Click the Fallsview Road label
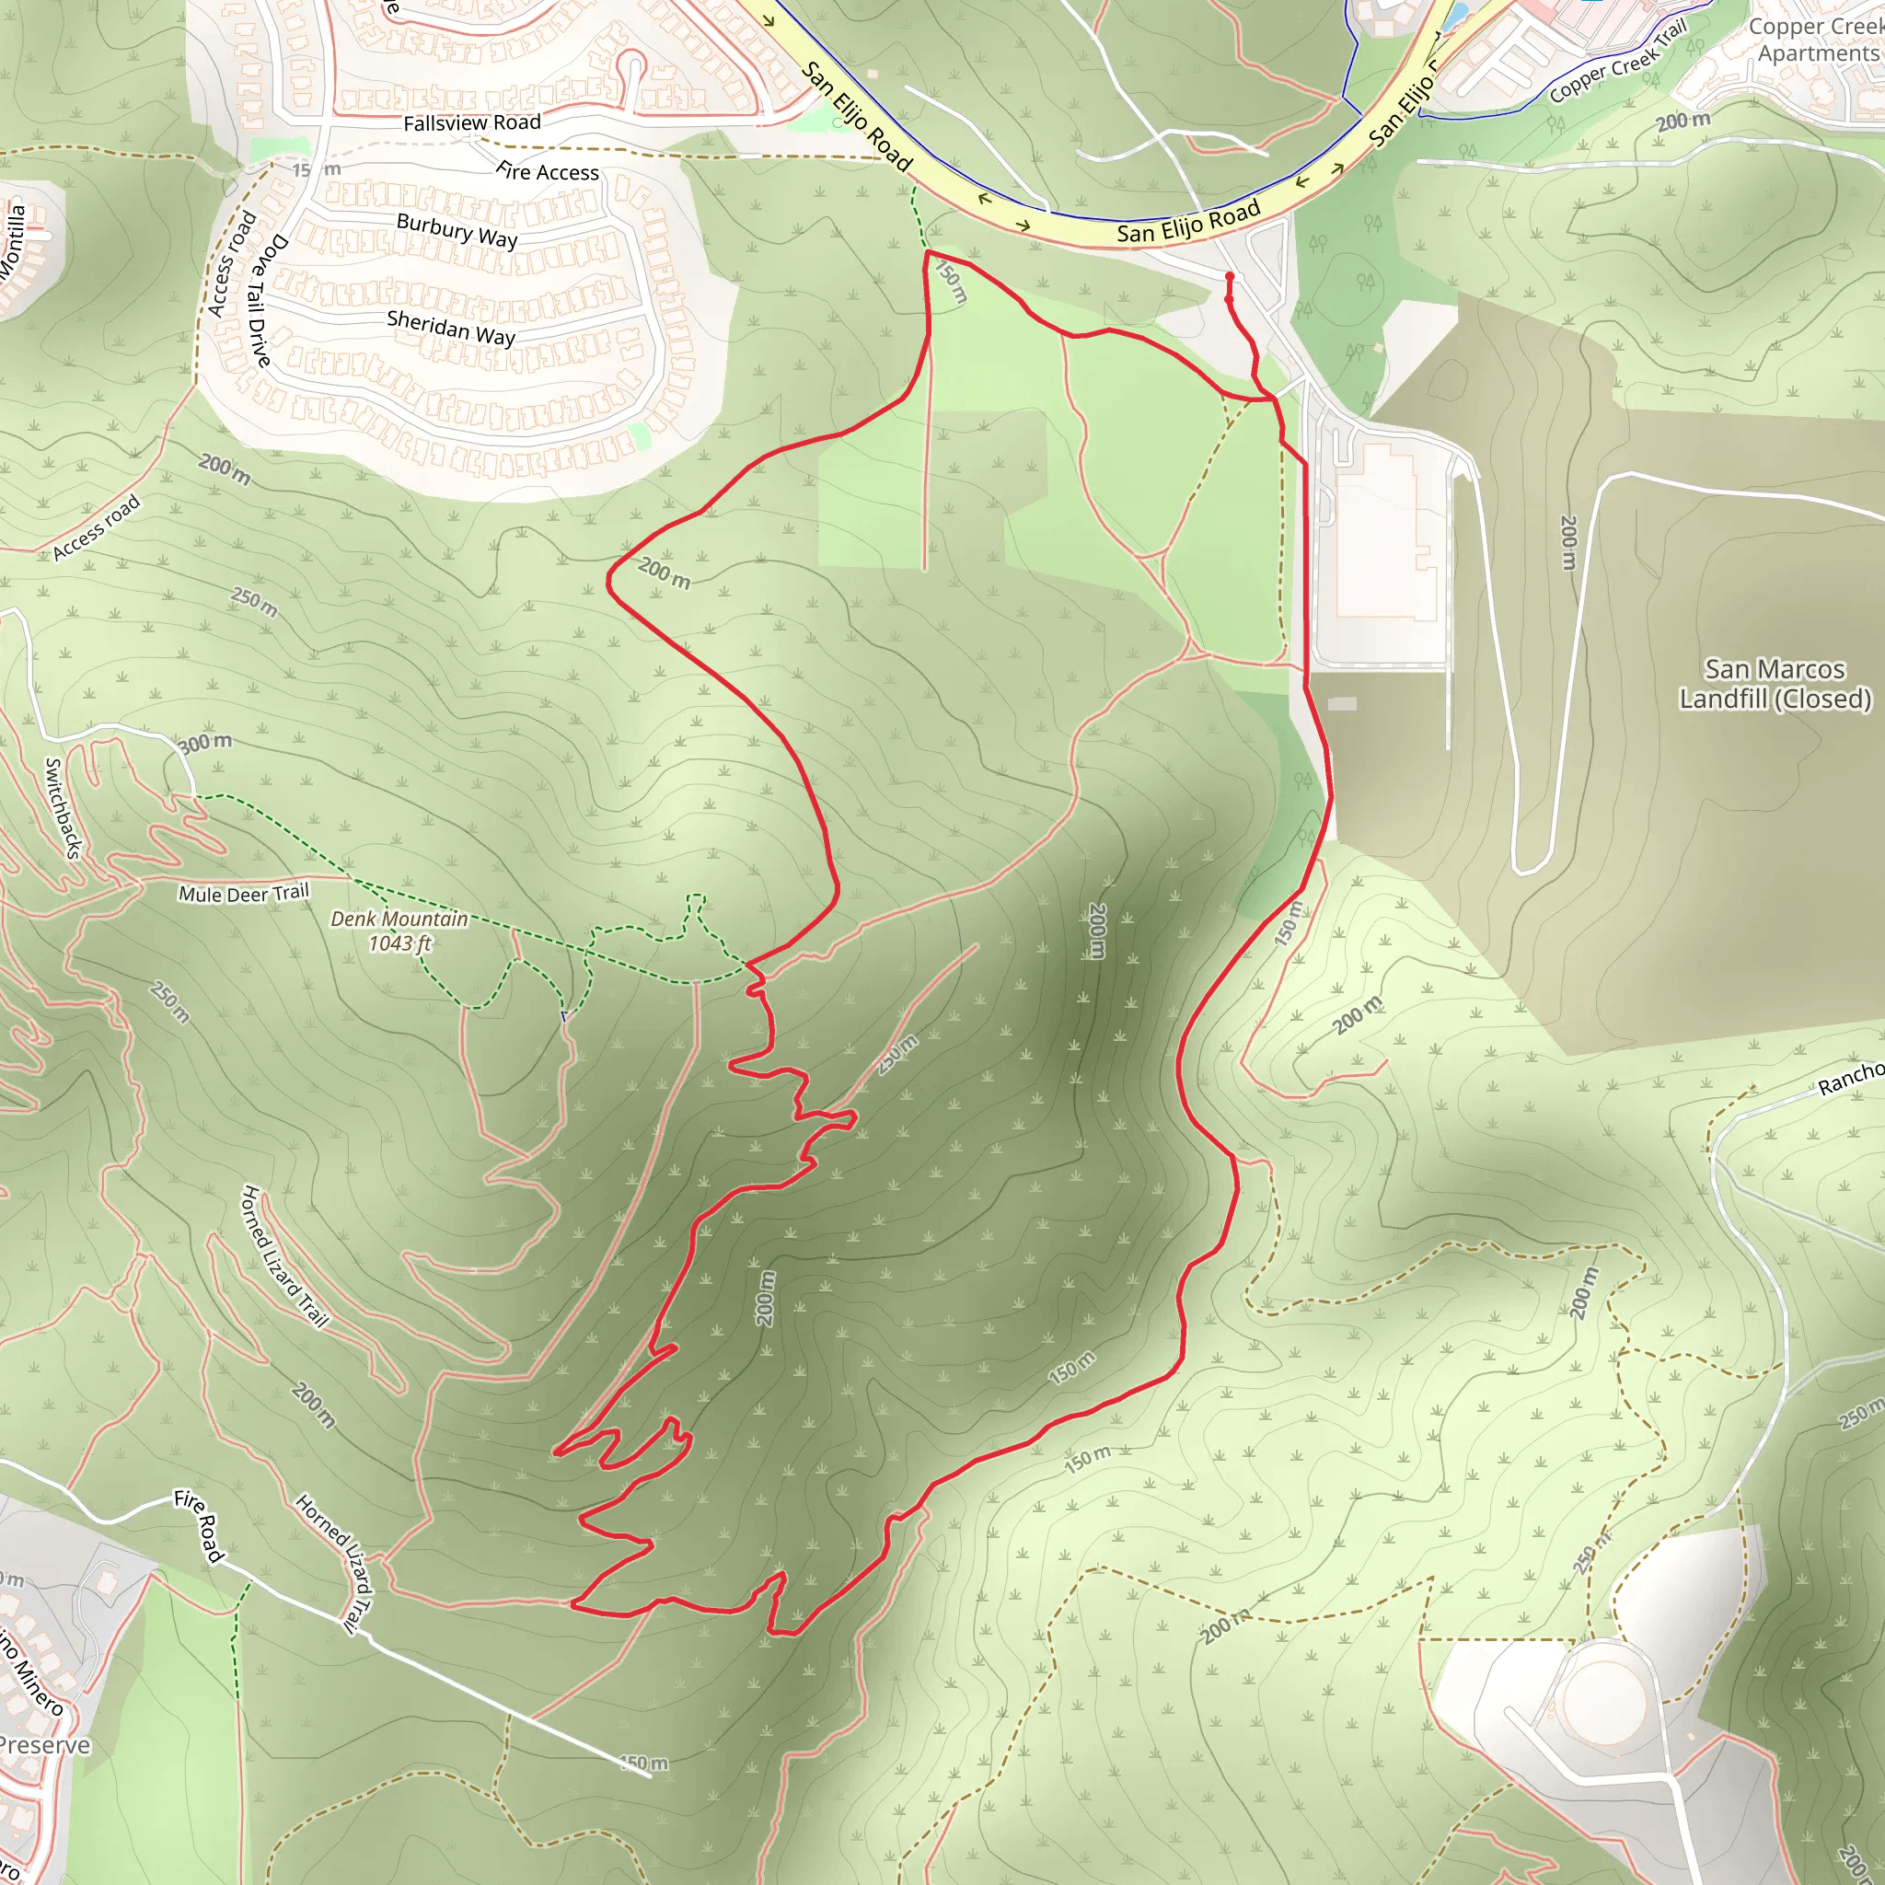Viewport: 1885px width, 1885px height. [472, 123]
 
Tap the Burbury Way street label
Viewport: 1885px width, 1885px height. [457, 230]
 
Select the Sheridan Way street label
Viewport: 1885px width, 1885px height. [451, 328]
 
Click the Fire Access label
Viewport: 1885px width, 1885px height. [548, 172]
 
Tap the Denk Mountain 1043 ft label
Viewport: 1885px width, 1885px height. [399, 931]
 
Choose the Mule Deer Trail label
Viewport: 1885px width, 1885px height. [243, 893]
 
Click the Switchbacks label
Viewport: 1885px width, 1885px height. [62, 808]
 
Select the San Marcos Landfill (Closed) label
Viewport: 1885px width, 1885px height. [1775, 683]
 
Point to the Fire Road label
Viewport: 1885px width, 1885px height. [200, 1525]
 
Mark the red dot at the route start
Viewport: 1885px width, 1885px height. [1230, 276]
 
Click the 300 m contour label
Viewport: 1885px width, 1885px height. [205, 743]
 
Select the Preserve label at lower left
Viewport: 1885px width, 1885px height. [44, 1744]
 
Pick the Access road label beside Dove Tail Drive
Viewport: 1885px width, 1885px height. [232, 263]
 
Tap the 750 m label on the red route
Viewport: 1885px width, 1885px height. [950, 282]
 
